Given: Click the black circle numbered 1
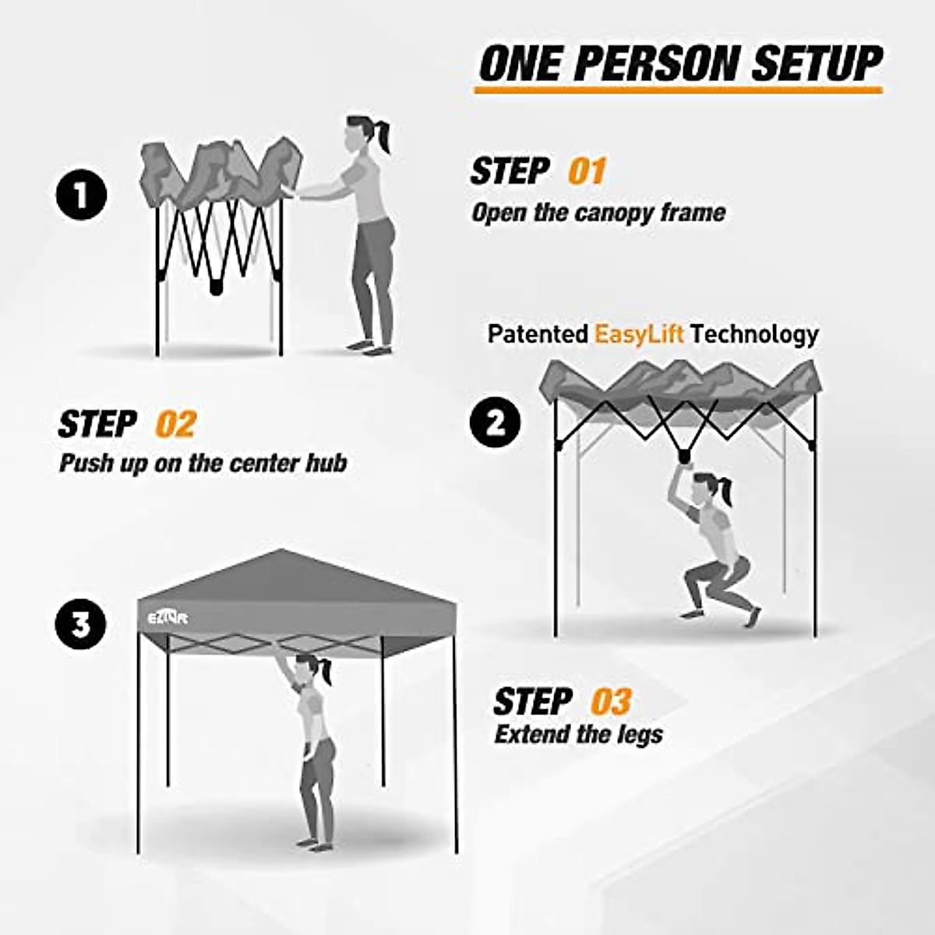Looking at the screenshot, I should pos(81,195).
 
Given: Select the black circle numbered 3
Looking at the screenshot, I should pos(81,624).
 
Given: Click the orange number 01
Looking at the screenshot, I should pos(586,171).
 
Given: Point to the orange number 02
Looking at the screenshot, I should pos(175,424).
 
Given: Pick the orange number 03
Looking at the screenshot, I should pos(610,701).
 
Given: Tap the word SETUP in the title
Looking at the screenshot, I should pos(816,64).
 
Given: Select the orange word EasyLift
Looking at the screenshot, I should pos(639,334).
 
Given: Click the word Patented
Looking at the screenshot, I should pos(538,334).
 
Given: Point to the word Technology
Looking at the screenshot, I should pos(754,334).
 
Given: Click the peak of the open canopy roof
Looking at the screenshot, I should pos(280,552).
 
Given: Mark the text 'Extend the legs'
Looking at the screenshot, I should pos(578,734).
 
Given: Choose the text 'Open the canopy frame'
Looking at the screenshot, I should pos(598,212).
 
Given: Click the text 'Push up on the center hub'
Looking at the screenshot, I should pos(203,463).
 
